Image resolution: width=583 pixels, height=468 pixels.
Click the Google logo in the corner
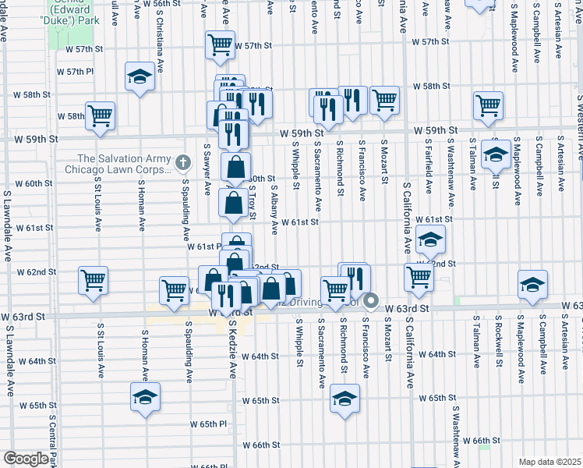pos(25,459)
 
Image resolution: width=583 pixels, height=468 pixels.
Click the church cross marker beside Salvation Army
pos(183,163)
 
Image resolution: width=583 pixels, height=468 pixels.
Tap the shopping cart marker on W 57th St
pos(221,44)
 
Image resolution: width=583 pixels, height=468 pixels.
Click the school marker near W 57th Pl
pos(140,77)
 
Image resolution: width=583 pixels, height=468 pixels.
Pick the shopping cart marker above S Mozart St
pos(384,100)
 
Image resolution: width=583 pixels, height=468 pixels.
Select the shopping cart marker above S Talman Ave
pos(488,105)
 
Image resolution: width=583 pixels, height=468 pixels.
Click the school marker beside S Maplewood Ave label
pos(495,154)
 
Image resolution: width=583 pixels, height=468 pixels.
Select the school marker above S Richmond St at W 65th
pos(344,399)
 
